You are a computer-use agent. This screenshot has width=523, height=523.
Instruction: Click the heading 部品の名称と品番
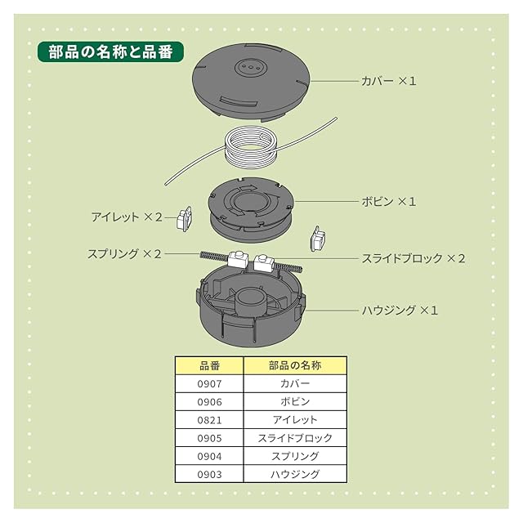[x=110, y=51]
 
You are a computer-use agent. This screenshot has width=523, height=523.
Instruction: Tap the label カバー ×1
[x=389, y=82]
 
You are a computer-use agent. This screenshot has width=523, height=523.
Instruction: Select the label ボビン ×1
[x=389, y=201]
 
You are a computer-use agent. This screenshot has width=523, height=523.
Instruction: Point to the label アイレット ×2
[x=127, y=217]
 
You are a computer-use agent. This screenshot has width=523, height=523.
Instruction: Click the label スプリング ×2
[x=124, y=254]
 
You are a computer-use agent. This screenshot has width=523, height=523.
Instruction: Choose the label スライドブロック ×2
[x=413, y=258]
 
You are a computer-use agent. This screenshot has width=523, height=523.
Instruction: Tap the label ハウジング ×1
[x=400, y=311]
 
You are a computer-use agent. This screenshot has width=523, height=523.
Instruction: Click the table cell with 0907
[x=210, y=383]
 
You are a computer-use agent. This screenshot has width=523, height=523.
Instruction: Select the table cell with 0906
[x=210, y=401]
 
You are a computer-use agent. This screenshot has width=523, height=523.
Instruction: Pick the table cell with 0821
[x=210, y=419]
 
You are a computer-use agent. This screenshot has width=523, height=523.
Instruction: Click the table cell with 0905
[x=210, y=437]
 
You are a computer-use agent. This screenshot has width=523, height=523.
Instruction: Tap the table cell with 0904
[x=210, y=455]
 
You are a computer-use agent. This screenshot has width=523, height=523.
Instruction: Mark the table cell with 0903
[x=210, y=473]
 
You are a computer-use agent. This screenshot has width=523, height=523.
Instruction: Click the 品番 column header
[x=210, y=365]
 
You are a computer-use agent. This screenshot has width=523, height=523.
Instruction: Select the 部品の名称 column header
[x=295, y=365]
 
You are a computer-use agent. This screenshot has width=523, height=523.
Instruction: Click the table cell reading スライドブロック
[x=295, y=437]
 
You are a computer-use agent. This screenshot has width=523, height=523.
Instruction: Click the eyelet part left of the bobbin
[x=185, y=218]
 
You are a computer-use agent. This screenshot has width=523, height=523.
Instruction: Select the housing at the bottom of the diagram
[x=249, y=315]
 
